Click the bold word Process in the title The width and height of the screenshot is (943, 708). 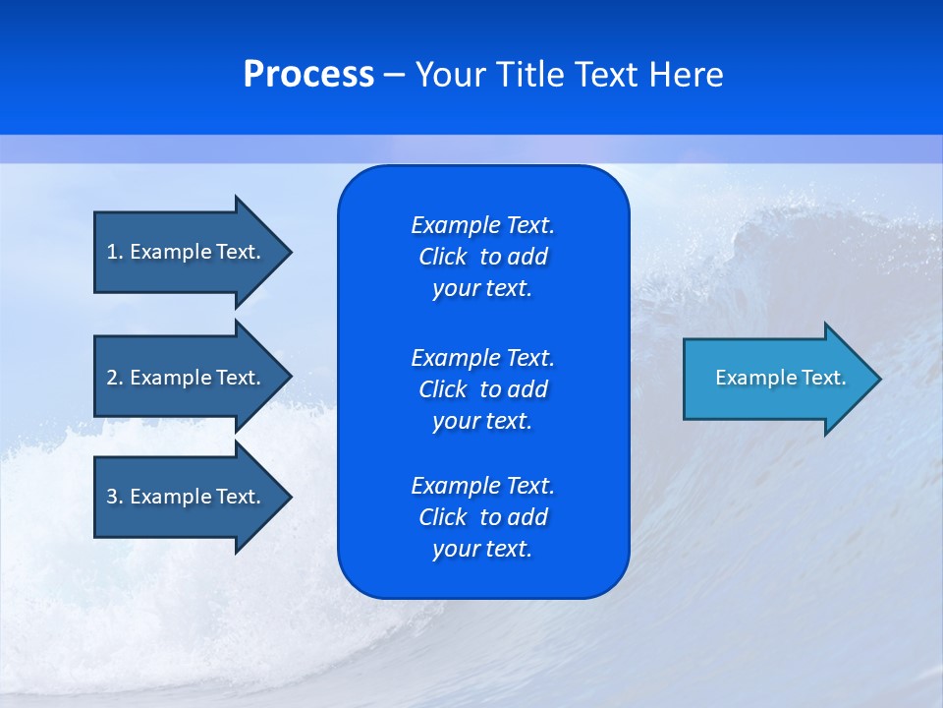click(308, 75)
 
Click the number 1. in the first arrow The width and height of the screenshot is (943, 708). click(115, 252)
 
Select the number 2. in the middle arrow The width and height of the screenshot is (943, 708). click(115, 378)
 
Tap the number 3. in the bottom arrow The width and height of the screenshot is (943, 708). click(115, 497)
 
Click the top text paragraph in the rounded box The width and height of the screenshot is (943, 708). click(482, 257)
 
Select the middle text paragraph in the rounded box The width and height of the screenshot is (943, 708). click(482, 388)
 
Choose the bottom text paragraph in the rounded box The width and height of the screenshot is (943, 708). click(482, 517)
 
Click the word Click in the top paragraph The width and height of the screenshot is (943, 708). click(442, 257)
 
